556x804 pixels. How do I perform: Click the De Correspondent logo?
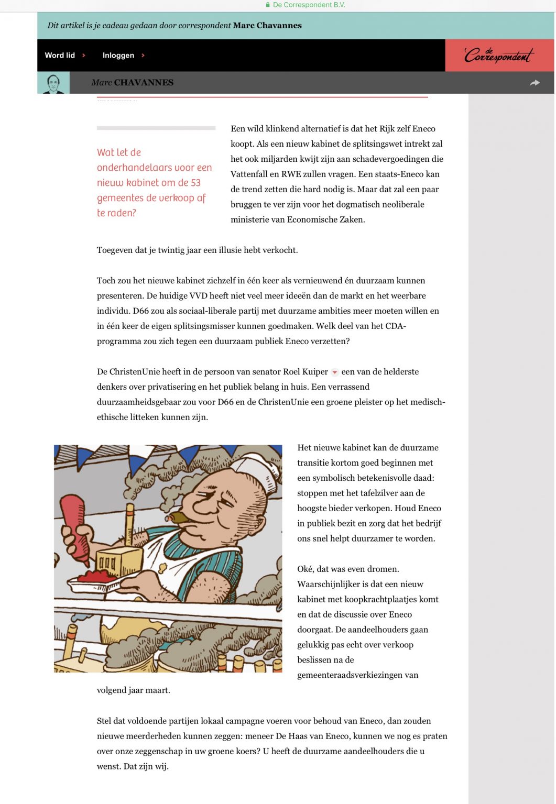[x=498, y=55]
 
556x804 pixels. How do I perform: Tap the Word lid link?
[x=60, y=56]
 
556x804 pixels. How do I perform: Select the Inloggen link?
[x=118, y=56]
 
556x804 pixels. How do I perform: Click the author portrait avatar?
[x=53, y=83]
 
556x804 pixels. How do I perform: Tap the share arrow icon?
[x=535, y=83]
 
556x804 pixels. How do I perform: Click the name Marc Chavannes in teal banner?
[x=267, y=25]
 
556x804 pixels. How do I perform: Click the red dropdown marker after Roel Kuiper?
[x=335, y=372]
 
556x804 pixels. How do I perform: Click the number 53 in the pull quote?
[x=195, y=183]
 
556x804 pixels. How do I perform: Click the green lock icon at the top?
[x=268, y=5]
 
